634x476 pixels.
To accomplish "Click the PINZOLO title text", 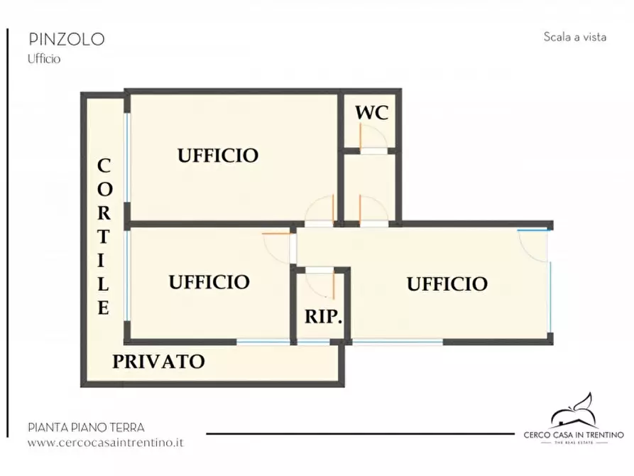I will tap(66, 39).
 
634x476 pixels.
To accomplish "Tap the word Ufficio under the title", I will tap(44, 59).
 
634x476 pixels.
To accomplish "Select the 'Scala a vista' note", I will tap(574, 37).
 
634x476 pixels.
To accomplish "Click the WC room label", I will tap(371, 113).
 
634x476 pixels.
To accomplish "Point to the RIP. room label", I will tap(324, 317).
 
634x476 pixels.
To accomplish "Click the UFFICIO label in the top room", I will tap(217, 155).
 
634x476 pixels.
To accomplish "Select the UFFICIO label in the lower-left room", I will tap(209, 282).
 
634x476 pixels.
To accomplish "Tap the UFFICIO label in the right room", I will tap(447, 284).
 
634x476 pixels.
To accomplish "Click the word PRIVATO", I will tap(158, 362).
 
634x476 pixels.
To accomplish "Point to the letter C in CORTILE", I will tap(104, 166).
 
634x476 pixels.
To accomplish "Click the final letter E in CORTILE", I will tap(104, 308).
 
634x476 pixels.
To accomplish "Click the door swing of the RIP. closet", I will tap(325, 282).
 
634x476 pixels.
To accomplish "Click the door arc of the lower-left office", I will tap(276, 245).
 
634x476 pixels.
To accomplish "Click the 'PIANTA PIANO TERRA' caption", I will tap(86, 427).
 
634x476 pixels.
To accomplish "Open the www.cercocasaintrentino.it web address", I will tap(106, 442).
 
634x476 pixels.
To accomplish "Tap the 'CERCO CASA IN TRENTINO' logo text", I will tap(573, 434).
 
